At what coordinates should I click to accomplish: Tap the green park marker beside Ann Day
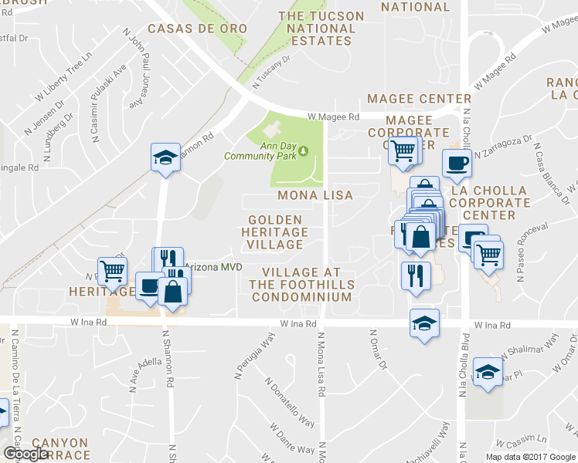click(x=304, y=150)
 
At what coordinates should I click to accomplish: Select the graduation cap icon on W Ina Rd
click(x=424, y=323)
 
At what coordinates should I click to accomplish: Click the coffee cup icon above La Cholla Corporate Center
click(x=457, y=164)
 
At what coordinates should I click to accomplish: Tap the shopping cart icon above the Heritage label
click(x=112, y=272)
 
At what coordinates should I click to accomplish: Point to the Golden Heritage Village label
click(x=274, y=232)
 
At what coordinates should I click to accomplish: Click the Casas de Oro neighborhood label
click(x=197, y=29)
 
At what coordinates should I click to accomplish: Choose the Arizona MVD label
click(x=214, y=267)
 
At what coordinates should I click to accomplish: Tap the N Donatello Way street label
click(x=289, y=401)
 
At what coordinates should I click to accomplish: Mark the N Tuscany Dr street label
click(x=275, y=68)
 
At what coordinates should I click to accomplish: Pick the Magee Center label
click(x=419, y=99)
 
